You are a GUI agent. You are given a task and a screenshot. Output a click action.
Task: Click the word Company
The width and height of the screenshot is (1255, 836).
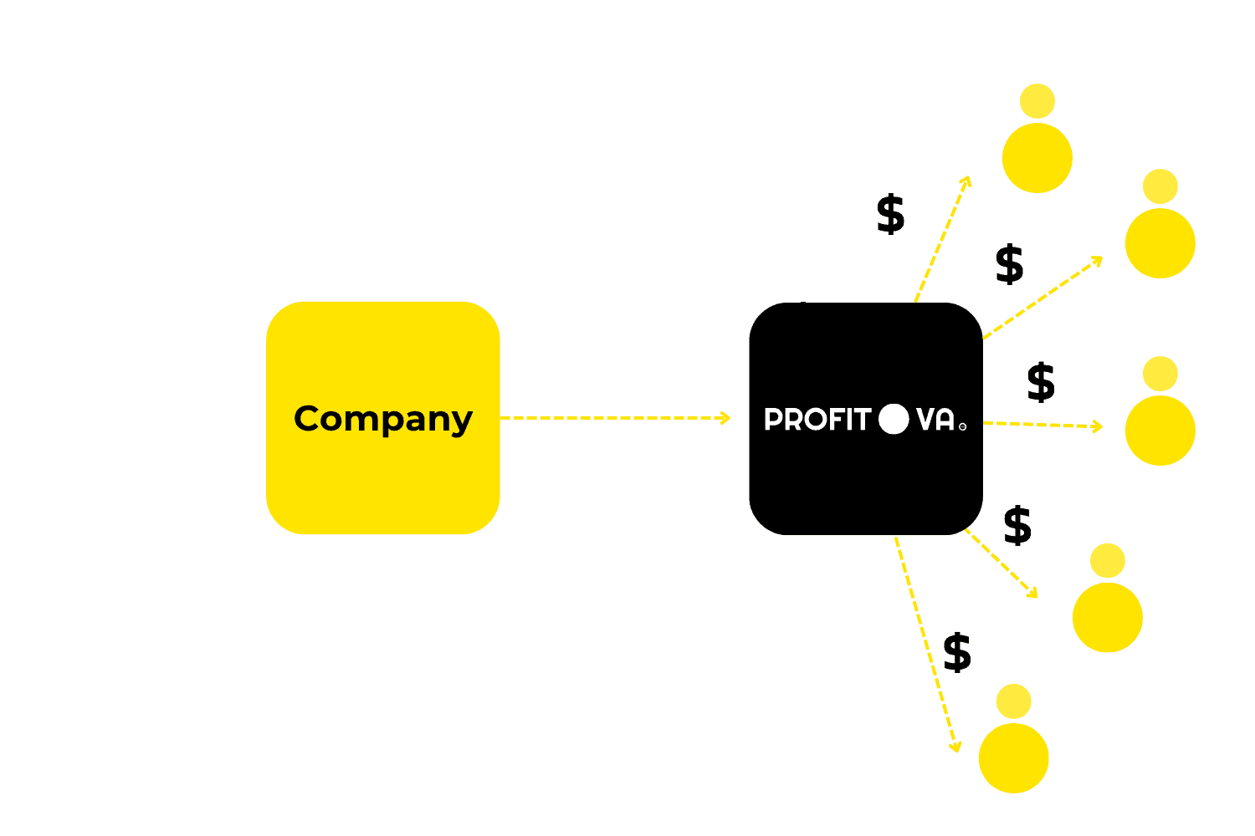coord(383,419)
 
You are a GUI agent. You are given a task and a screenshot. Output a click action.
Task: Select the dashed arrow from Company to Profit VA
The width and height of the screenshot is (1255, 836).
coord(615,417)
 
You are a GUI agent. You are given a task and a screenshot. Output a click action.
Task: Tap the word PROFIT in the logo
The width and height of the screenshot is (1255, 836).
coord(817,419)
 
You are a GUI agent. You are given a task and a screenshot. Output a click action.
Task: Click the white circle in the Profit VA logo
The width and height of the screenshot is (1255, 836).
coord(894,419)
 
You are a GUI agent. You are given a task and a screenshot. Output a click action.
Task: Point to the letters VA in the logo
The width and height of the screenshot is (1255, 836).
coord(935,419)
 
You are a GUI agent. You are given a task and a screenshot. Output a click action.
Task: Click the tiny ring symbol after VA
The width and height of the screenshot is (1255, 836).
coord(962,426)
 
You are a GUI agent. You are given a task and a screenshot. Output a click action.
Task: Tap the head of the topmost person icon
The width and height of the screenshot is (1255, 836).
coord(1037,101)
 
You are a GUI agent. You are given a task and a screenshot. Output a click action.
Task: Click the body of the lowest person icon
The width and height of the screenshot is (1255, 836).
coord(1014,757)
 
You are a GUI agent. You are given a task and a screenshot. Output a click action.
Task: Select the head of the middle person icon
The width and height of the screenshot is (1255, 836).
coord(1160,374)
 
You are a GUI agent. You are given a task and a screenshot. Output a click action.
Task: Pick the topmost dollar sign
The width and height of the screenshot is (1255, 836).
coord(891,214)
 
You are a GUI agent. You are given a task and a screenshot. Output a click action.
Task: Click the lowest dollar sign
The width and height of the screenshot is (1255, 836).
coord(957,652)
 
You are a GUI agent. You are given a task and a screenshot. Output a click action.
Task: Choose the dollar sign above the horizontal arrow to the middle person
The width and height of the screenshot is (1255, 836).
coord(1041,382)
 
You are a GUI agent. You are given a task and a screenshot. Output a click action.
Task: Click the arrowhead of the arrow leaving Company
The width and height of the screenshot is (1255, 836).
coord(725,417)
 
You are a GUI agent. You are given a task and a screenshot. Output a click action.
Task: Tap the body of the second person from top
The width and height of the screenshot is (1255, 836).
coord(1160,242)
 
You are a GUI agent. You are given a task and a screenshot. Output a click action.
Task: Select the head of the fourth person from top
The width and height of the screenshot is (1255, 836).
coord(1108,561)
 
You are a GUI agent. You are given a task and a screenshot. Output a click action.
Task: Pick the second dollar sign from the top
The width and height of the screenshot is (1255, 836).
coord(1010,264)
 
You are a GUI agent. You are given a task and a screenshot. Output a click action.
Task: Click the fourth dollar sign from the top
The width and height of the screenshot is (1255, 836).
coord(1017,525)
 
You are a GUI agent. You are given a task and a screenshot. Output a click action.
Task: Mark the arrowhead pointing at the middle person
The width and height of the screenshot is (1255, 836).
coord(1097,426)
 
